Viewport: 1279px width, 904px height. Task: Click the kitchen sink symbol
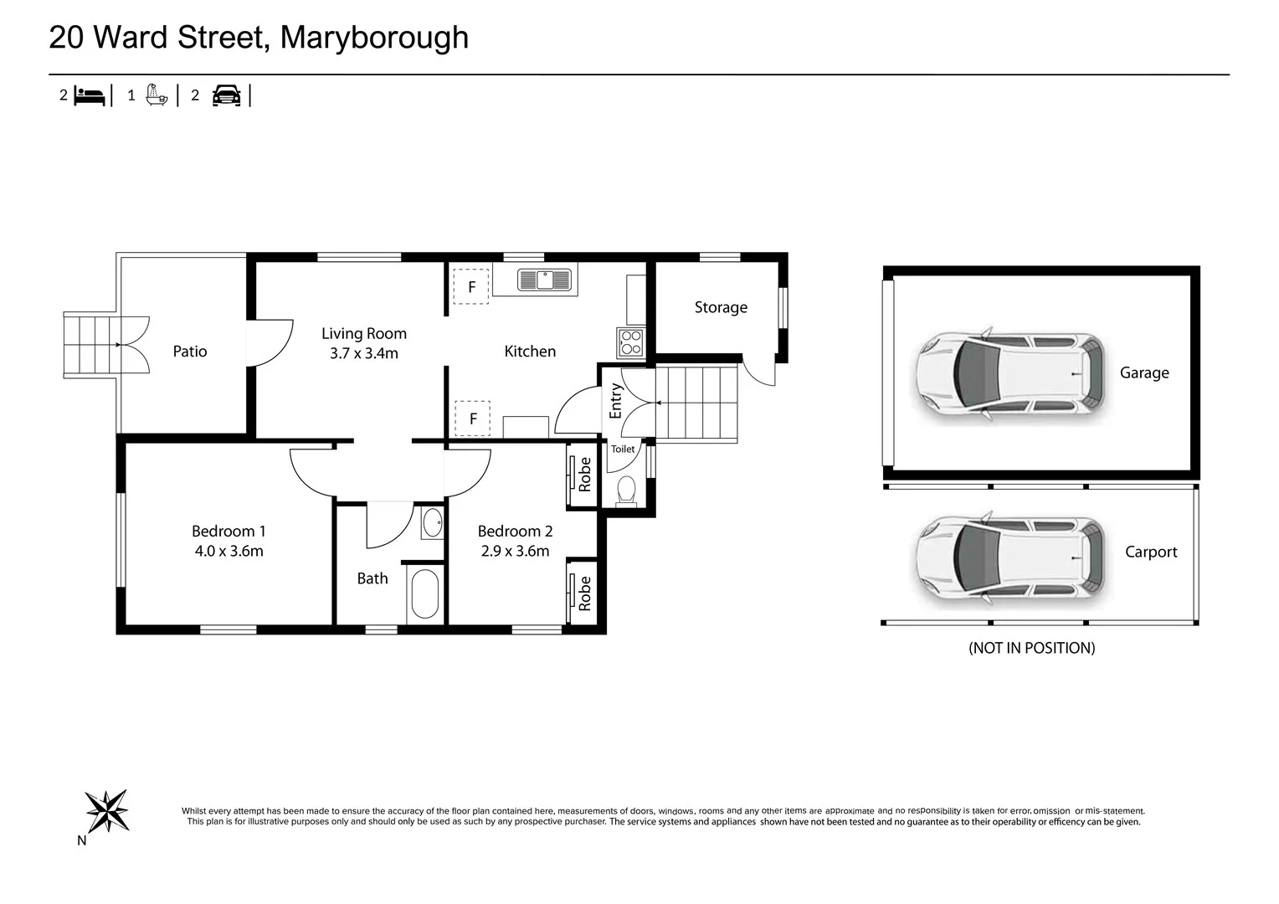pyautogui.click(x=544, y=280)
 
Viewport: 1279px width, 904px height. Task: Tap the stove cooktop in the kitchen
pyautogui.click(x=630, y=342)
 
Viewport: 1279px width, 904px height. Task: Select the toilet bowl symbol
pyautogui.click(x=626, y=491)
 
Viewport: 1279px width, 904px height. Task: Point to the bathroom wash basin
pyautogui.click(x=432, y=523)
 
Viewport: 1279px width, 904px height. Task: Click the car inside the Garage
pyautogui.click(x=1009, y=373)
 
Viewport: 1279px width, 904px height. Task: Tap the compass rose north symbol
pyautogui.click(x=107, y=810)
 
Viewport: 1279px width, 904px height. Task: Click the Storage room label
pyautogui.click(x=721, y=307)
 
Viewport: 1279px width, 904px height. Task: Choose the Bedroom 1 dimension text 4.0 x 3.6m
pyautogui.click(x=229, y=551)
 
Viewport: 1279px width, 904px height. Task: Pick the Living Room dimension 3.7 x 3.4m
pyautogui.click(x=363, y=353)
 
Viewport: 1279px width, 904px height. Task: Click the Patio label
pyautogui.click(x=190, y=352)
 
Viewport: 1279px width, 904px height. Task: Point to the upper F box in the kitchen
pyautogui.click(x=471, y=286)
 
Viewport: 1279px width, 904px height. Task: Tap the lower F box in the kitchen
pyautogui.click(x=473, y=419)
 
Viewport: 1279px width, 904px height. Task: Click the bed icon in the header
pyautogui.click(x=90, y=95)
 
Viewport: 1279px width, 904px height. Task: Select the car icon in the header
pyautogui.click(x=226, y=95)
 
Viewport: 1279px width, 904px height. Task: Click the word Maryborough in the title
pyautogui.click(x=374, y=38)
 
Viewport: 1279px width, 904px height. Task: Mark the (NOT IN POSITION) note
pyautogui.click(x=1031, y=648)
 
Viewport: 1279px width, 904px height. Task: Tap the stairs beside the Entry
pyautogui.click(x=696, y=403)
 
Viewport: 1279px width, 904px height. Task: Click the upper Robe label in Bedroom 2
pyautogui.click(x=585, y=475)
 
